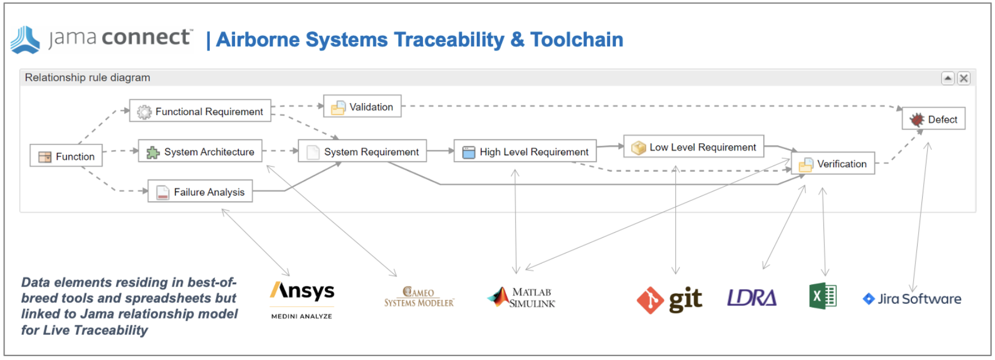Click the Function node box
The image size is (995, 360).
click(66, 156)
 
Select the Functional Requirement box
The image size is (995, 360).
click(200, 111)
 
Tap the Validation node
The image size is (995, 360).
click(362, 107)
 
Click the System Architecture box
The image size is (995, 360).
click(200, 151)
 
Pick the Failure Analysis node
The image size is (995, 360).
click(200, 192)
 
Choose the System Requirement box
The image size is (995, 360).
click(362, 151)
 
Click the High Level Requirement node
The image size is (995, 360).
click(525, 151)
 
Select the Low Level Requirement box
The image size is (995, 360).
click(694, 147)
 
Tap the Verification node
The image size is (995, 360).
click(833, 164)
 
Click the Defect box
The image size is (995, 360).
click(934, 119)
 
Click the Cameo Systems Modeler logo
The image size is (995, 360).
click(419, 297)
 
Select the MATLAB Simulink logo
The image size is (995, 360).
click(522, 297)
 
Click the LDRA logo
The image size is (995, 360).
click(752, 298)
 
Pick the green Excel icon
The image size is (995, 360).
click(823, 296)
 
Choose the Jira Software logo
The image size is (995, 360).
click(912, 299)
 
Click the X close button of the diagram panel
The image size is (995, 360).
click(964, 79)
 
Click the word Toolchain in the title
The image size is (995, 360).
click(577, 40)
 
